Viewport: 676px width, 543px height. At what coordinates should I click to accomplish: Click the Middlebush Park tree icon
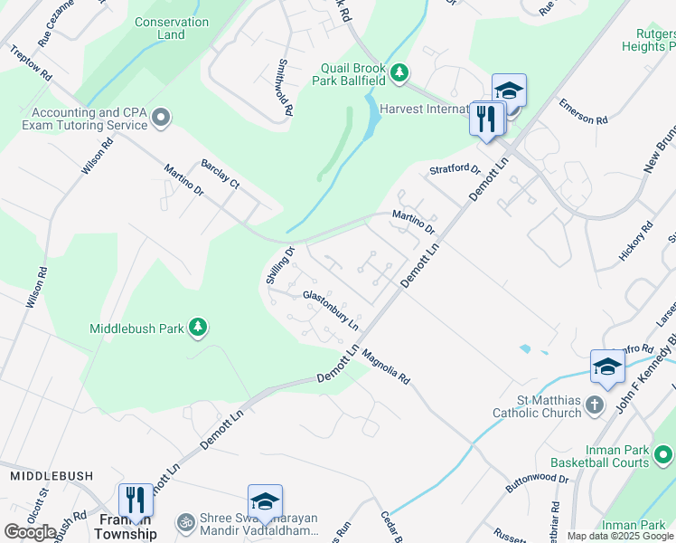pyautogui.click(x=198, y=329)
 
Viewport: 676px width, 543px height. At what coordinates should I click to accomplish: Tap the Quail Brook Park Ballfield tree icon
pyautogui.click(x=399, y=72)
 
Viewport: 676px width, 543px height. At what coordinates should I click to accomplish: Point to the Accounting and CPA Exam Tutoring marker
pyautogui.click(x=162, y=118)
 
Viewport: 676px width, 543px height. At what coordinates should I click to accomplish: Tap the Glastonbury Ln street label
pyautogui.click(x=331, y=308)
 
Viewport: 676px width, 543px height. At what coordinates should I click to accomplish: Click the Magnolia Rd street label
pyautogui.click(x=386, y=367)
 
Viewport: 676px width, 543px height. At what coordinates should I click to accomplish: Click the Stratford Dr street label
pyautogui.click(x=454, y=169)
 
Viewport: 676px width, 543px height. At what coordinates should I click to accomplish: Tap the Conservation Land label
pyautogui.click(x=171, y=28)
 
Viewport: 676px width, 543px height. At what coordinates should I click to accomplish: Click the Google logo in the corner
pyautogui.click(x=30, y=531)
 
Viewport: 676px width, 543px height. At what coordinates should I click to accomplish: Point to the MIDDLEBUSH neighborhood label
pyautogui.click(x=46, y=475)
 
